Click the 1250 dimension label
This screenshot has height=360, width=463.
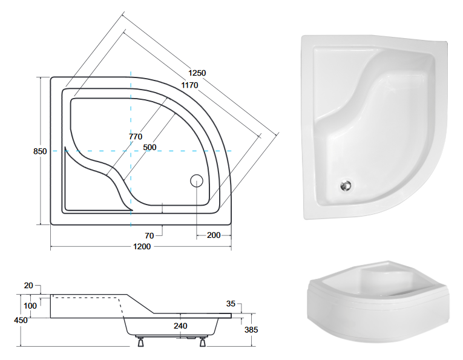tap(197, 73)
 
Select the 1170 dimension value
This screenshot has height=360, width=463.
tap(189, 85)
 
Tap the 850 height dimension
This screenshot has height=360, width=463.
tap(40, 151)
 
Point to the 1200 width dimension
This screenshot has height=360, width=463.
tap(142, 247)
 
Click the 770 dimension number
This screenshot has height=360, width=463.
tap(136, 137)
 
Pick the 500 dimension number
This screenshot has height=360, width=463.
tap(149, 147)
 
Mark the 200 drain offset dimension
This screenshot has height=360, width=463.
tap(213, 235)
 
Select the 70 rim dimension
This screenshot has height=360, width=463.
tap(149, 235)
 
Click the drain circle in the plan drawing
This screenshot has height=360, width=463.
tap(197, 180)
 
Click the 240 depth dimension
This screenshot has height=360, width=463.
tap(180, 325)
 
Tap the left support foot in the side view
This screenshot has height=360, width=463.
tap(140, 342)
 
